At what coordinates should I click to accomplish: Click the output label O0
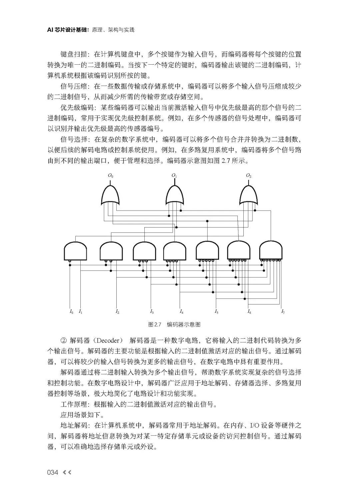[x=110, y=176]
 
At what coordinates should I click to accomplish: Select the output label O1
[x=174, y=176]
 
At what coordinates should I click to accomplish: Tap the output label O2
[x=249, y=176]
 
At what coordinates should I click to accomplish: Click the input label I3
[x=152, y=312]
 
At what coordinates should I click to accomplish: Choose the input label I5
[x=216, y=312]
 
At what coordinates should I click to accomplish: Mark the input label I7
[x=283, y=312]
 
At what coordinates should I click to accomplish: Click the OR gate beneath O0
[x=110, y=197]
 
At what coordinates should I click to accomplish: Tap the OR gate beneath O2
[x=249, y=197]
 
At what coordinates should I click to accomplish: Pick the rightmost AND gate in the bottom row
[x=271, y=251]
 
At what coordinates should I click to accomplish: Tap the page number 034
[x=53, y=472]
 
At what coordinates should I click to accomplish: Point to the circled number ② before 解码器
[x=64, y=340]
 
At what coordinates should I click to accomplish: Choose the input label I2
[x=117, y=312]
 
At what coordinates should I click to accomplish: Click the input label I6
[x=249, y=312]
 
